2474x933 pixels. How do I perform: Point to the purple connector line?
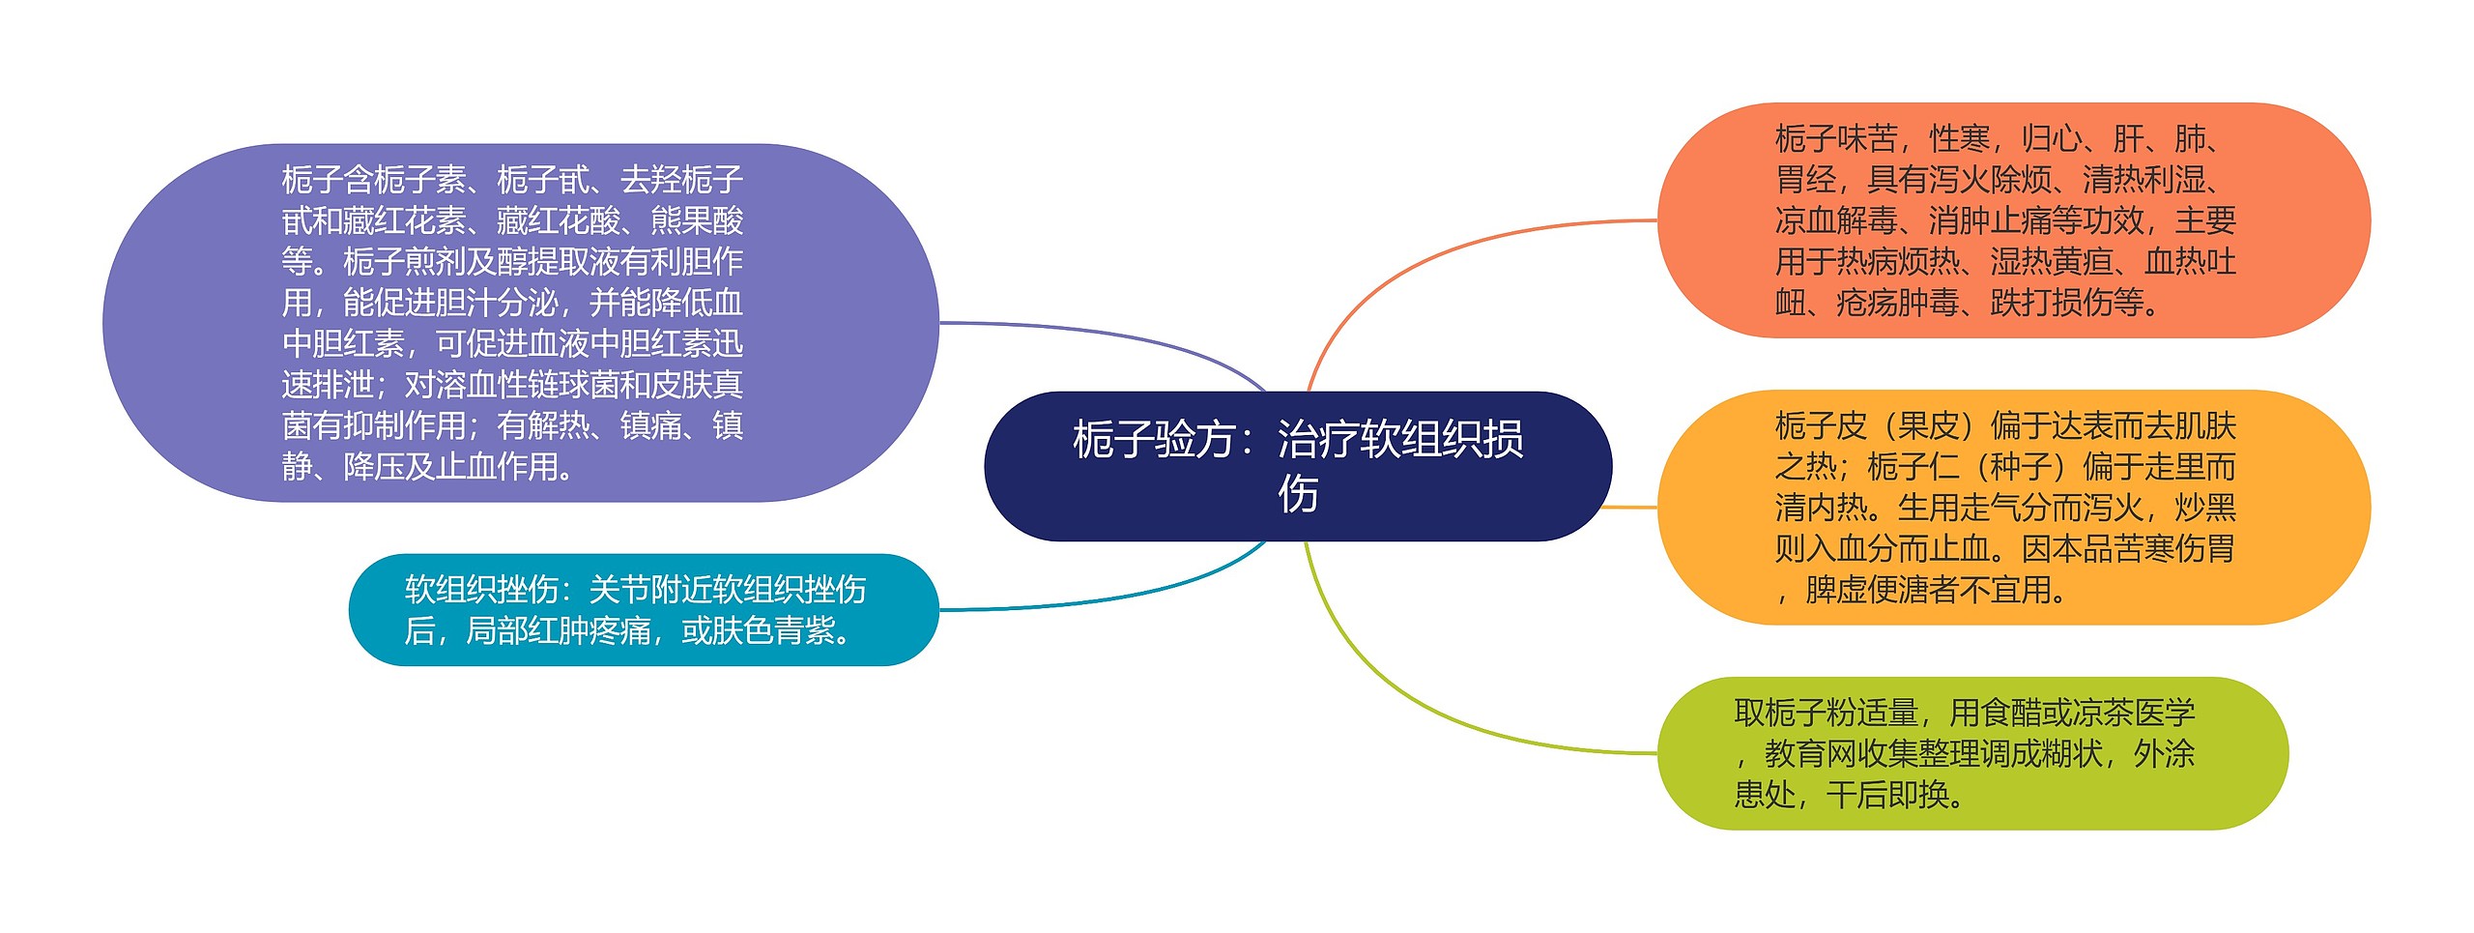pyautogui.click(x=1111, y=335)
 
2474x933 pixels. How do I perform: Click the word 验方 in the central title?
pyautogui.click(x=1195, y=440)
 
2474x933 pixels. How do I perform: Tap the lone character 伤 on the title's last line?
pyautogui.click(x=1298, y=494)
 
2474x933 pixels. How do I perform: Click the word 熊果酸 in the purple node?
pyautogui.click(x=697, y=221)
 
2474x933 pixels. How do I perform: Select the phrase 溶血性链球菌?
pyautogui.click(x=527, y=385)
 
